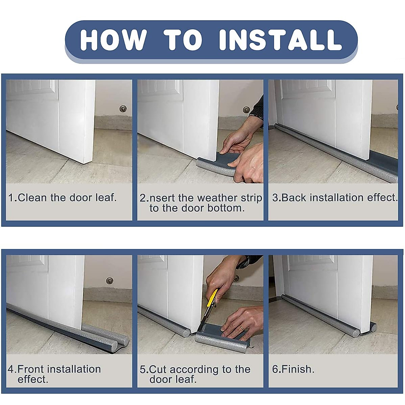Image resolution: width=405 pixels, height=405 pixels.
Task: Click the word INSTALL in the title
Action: [x=280, y=40]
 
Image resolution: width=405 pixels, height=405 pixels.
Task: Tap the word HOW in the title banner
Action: [x=113, y=40]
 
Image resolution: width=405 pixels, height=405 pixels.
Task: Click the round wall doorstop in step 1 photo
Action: [x=123, y=109]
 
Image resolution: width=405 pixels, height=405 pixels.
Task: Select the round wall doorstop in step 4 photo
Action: [x=109, y=280]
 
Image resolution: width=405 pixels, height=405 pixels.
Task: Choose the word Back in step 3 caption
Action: [x=294, y=198]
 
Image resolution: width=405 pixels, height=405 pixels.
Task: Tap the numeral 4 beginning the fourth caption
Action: [x=11, y=369]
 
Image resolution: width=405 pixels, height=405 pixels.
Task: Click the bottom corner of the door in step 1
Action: [x=84, y=163]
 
